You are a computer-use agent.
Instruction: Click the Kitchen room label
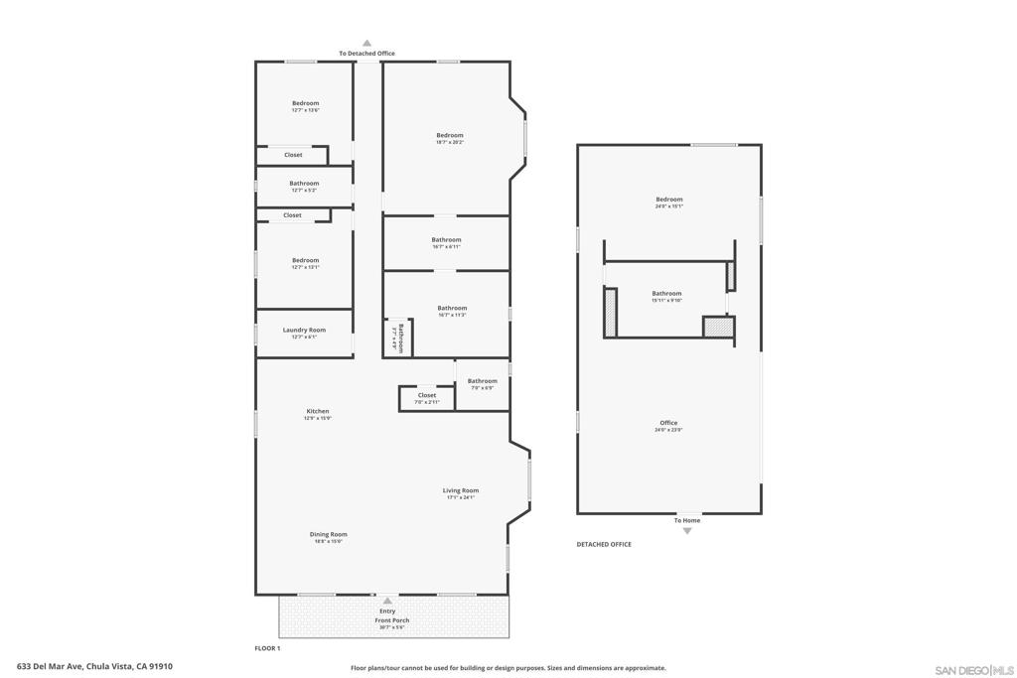pos(317,411)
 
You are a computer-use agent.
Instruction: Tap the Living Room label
pos(461,490)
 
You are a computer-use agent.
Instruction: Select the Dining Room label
pos(328,534)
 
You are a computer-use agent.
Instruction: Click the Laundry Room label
pos(304,330)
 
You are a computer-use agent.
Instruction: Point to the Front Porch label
pos(391,620)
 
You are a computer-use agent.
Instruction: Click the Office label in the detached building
pos(668,423)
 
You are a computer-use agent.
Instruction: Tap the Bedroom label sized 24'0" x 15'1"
pos(668,200)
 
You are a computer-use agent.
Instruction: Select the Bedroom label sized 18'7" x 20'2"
pos(449,135)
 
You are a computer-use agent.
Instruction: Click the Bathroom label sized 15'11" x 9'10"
pos(666,293)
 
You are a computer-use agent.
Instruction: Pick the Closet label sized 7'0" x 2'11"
pos(427,395)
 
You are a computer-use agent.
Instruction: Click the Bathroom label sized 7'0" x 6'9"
pos(483,381)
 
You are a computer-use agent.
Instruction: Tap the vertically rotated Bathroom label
pos(399,339)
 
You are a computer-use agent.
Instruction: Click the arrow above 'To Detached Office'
pos(366,44)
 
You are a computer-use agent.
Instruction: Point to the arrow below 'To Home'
pos(686,531)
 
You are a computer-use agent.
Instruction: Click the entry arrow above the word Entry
pos(387,601)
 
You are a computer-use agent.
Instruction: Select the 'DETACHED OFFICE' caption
pos(604,544)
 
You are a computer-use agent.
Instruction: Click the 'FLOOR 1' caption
pos(268,648)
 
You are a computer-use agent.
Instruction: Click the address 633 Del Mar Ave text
pos(94,667)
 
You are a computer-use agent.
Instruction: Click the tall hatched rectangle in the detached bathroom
pos(611,312)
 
